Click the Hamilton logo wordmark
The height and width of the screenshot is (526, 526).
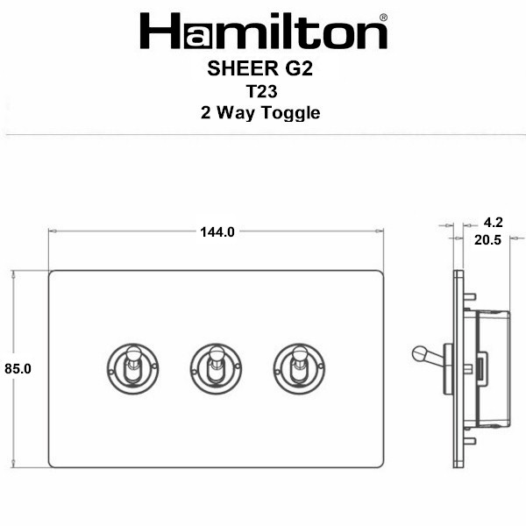[263, 31]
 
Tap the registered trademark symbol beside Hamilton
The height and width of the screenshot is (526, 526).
[383, 18]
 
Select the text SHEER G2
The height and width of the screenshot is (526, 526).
[260, 68]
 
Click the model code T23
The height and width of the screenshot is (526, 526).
[262, 91]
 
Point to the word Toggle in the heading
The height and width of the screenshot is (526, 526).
[291, 113]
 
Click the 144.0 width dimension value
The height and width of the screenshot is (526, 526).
[217, 231]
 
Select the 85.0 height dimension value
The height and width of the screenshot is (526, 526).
[18, 369]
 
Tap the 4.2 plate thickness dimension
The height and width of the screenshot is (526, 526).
[493, 223]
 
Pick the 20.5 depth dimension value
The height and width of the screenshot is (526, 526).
[487, 240]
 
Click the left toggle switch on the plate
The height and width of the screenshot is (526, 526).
[133, 369]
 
